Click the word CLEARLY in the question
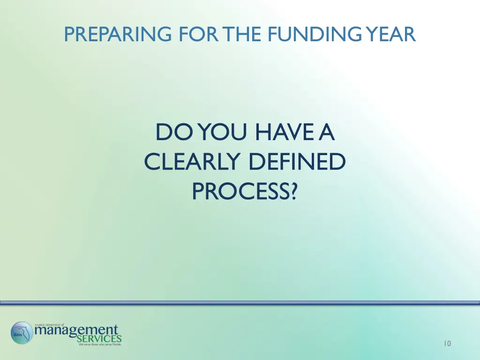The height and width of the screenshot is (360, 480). point(193,162)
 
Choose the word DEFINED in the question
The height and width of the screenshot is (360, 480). point(297,162)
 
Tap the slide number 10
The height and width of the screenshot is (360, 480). point(447,344)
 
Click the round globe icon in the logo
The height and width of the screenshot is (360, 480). point(22,333)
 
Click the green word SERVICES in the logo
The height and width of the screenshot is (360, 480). point(99,339)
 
